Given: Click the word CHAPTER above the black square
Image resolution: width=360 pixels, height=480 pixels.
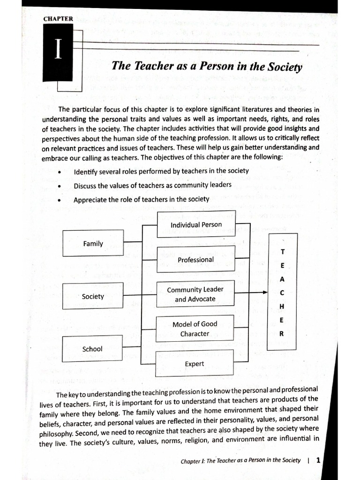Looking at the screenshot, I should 58,19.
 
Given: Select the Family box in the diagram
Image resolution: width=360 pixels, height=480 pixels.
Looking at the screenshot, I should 93,243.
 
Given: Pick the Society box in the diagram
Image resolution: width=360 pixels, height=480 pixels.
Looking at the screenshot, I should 93,296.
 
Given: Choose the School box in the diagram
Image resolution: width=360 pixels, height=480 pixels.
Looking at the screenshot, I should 92,349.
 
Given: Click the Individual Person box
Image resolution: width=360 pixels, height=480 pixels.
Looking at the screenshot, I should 196,225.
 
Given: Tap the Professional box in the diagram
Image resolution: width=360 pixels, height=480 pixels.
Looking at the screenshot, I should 195,259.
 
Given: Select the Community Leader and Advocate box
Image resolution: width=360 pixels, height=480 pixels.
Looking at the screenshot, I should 195,294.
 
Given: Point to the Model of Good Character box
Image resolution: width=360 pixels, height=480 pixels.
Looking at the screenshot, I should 195,329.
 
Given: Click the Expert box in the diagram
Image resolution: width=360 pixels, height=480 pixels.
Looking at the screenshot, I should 195,363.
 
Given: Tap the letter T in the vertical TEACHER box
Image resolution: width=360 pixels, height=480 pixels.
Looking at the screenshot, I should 282,252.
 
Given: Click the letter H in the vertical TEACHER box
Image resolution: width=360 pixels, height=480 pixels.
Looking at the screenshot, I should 282,306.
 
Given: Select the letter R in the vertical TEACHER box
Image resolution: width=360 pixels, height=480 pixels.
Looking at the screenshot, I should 282,334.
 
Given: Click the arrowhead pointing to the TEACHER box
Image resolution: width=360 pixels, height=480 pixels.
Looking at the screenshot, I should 265,292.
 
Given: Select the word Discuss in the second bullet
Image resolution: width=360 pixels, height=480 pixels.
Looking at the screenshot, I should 85,185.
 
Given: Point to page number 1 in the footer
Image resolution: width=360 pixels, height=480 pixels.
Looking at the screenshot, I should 318,460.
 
